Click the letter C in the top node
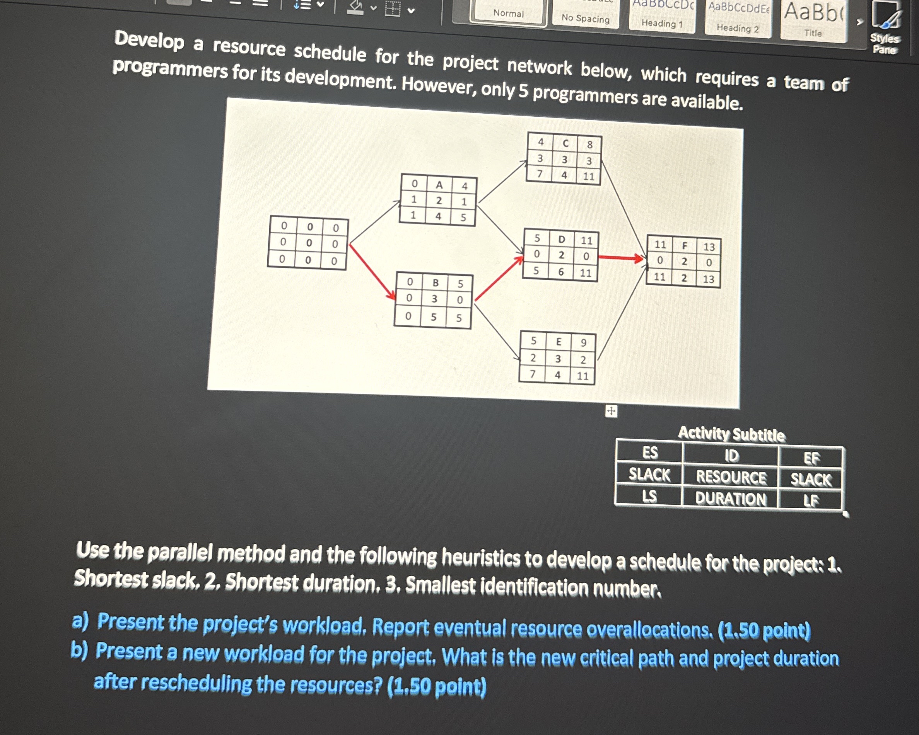pyautogui.click(x=565, y=143)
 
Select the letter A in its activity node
pyautogui.click(x=439, y=185)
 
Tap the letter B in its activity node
pyautogui.click(x=436, y=282)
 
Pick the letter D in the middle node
pyautogui.click(x=562, y=239)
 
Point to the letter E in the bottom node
pyautogui.click(x=559, y=342)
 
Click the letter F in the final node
pyautogui.click(x=685, y=246)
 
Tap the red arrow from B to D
pyautogui.click(x=499, y=278)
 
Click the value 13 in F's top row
pyautogui.click(x=709, y=247)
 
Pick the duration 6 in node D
pyautogui.click(x=561, y=272)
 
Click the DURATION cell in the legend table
pyautogui.click(x=731, y=499)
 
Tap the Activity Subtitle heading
pyautogui.click(x=731, y=434)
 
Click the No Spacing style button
pyautogui.click(x=585, y=15)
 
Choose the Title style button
pyautogui.click(x=813, y=20)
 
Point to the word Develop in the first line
pyautogui.click(x=149, y=40)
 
